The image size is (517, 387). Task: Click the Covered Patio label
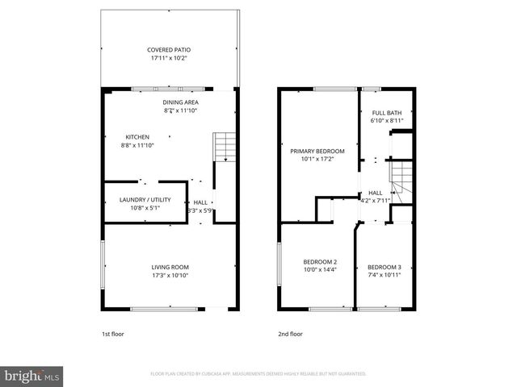pos(169,49)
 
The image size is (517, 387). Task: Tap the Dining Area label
pos(181,102)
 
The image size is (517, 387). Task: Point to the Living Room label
pos(170,267)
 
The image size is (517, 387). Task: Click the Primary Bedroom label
pos(317,151)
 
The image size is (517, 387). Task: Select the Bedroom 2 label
pos(320,262)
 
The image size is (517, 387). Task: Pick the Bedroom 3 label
pos(384,267)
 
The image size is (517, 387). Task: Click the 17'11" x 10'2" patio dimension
pos(169,58)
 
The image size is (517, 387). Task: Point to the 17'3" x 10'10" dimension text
pos(170,276)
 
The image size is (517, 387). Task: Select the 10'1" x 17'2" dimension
pos(317,159)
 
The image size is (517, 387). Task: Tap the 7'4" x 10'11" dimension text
pos(384,275)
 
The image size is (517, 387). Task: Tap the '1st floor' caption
pos(112,333)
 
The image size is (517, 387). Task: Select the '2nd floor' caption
pos(290,333)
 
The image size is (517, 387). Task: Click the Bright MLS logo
pos(32,376)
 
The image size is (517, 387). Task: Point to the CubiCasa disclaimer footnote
pos(258,374)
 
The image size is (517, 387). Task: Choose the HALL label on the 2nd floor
pos(376,193)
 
